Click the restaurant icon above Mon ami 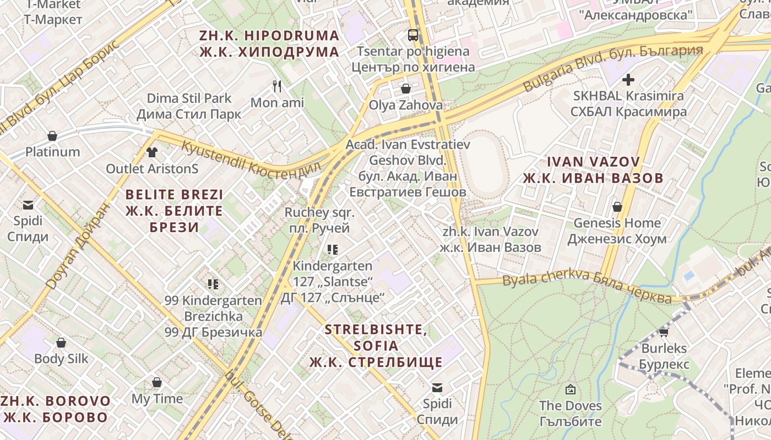coord(278,86)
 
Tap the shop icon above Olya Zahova coord(406,89)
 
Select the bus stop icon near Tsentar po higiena coord(412,35)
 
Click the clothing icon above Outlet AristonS coord(152,152)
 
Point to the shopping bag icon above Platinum coord(52,135)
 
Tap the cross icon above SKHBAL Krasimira coord(628,79)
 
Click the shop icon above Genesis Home coord(617,207)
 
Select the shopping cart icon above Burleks coord(664,332)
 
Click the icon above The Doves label coord(571,389)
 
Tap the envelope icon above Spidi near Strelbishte coord(437,388)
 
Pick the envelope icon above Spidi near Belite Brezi coord(28,205)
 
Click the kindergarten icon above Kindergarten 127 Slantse coord(332,250)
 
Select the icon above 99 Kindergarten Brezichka coord(213,284)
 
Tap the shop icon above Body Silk coord(61,343)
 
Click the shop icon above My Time coord(157,382)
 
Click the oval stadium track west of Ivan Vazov coord(483,164)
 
